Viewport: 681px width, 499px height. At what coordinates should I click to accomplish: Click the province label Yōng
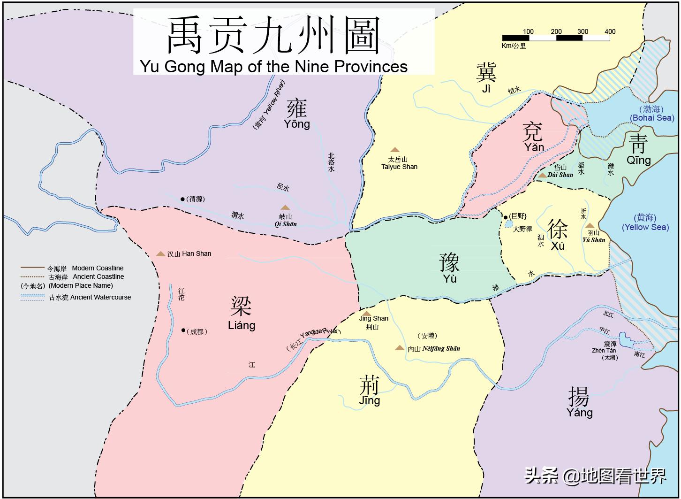point(297,116)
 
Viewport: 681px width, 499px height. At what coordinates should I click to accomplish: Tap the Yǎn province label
point(534,138)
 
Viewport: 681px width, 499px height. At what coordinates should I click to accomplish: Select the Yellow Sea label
point(645,223)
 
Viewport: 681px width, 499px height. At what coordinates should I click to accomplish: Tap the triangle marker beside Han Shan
point(160,254)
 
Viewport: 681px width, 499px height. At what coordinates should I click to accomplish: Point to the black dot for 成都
point(183,330)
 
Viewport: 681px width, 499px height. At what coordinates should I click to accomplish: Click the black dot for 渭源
point(182,199)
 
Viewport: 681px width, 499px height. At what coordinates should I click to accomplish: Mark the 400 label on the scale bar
point(610,31)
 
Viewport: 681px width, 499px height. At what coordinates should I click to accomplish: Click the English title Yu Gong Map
point(274,67)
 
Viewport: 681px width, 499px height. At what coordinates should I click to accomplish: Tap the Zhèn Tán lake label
point(604,351)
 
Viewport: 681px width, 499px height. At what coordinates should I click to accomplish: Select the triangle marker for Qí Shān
point(285,207)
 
